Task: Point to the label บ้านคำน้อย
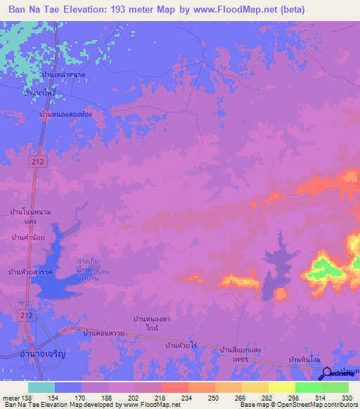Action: tap(28, 238)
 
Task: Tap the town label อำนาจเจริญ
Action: tap(40, 356)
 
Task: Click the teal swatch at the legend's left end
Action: tap(41, 387)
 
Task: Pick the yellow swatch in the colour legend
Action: tap(281, 387)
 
